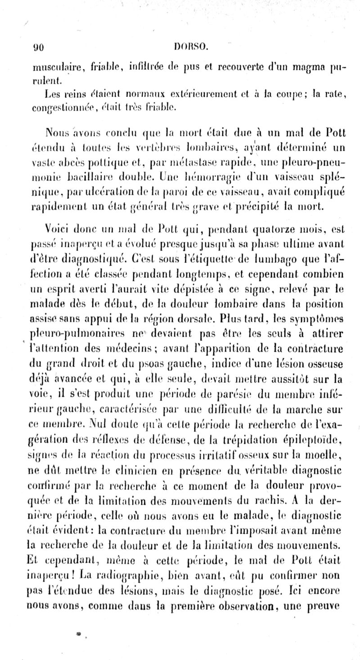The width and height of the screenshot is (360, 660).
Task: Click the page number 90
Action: (36, 45)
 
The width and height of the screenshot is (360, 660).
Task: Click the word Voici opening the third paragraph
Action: (58, 227)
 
